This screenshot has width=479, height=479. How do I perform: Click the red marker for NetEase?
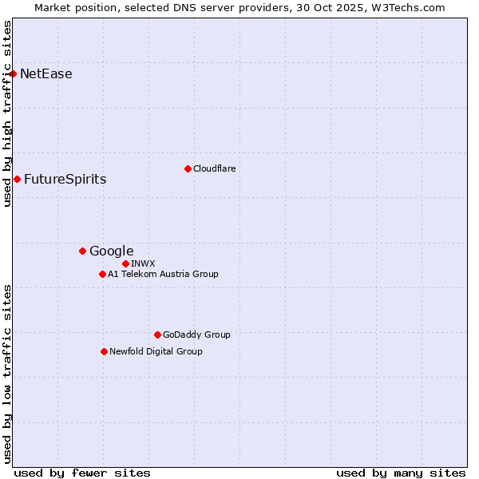[x=13, y=74]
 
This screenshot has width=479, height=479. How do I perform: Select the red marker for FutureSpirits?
[x=17, y=179]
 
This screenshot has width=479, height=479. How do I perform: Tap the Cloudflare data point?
[x=188, y=168]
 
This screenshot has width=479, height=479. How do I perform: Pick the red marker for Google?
[x=82, y=251]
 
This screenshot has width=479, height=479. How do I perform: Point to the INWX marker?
[x=125, y=263]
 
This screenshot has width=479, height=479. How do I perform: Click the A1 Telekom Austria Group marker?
[x=102, y=275]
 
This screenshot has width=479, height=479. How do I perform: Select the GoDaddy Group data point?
[x=157, y=335]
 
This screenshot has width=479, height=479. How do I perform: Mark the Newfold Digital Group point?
[x=104, y=351]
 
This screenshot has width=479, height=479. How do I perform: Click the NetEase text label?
[x=46, y=74]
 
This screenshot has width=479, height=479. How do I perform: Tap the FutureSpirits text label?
[x=65, y=179]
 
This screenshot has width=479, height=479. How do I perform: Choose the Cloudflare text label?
[x=214, y=168]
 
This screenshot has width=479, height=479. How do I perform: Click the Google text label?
[x=111, y=251]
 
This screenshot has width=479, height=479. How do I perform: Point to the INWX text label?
[x=143, y=263]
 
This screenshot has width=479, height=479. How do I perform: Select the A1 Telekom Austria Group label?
[x=163, y=275]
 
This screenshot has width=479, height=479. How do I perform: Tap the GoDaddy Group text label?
[x=196, y=335]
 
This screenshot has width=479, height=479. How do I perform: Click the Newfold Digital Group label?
[x=156, y=351]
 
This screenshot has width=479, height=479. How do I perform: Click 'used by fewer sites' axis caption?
[x=82, y=473]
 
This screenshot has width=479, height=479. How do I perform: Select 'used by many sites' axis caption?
[x=401, y=473]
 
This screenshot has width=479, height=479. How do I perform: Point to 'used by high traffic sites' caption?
[x=7, y=113]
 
